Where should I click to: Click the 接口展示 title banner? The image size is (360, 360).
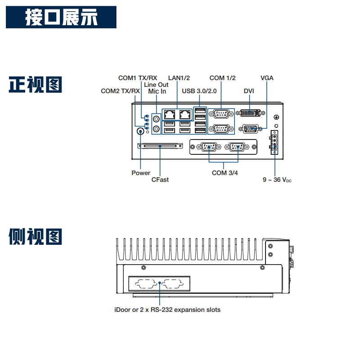(62, 18)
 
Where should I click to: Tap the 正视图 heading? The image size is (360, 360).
(35, 85)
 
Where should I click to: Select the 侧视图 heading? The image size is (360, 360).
(35, 237)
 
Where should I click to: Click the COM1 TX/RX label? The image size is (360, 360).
(138, 78)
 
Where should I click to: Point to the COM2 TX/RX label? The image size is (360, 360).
(120, 91)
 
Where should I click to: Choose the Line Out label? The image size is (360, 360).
(156, 85)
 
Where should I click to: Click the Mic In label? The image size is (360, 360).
(157, 91)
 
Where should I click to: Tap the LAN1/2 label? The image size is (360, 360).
(179, 78)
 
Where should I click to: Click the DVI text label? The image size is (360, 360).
(249, 91)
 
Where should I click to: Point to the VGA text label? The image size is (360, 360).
(267, 78)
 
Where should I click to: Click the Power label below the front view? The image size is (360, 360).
(141, 173)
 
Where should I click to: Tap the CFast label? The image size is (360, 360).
(160, 180)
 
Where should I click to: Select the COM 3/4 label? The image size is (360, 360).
(225, 173)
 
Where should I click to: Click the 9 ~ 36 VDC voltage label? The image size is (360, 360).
(277, 180)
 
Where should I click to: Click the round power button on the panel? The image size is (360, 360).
(140, 131)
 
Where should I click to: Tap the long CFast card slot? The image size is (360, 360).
(161, 146)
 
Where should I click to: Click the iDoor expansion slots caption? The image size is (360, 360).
(167, 310)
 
